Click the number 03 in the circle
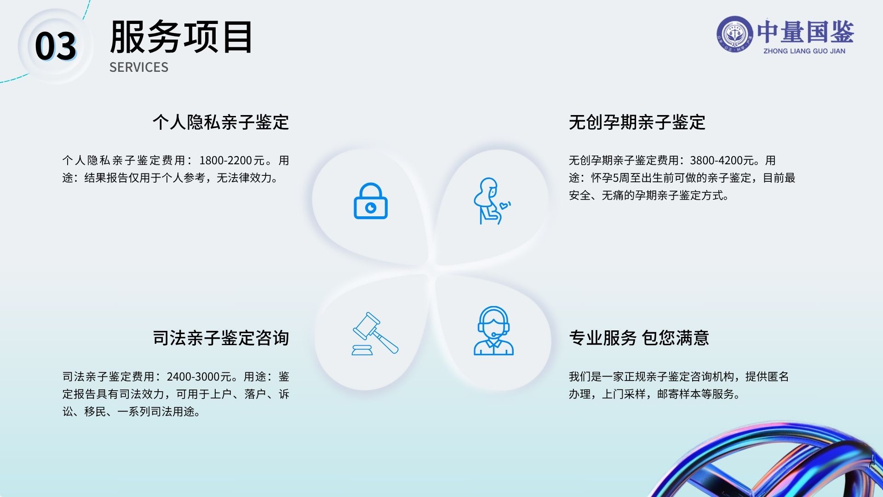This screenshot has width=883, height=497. click(x=56, y=46)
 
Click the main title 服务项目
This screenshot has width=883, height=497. click(x=181, y=37)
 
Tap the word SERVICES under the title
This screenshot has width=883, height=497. click(x=139, y=67)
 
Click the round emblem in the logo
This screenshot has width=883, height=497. click(x=734, y=34)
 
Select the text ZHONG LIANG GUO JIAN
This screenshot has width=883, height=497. click(x=804, y=51)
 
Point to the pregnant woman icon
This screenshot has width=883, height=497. click(x=488, y=201)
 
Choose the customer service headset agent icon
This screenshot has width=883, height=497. click(x=493, y=331)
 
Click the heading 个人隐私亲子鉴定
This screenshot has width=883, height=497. click(x=221, y=122)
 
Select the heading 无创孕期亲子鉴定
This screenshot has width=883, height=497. click(x=637, y=122)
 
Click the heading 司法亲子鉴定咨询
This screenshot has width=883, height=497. click(x=221, y=338)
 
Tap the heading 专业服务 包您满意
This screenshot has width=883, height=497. click(x=639, y=338)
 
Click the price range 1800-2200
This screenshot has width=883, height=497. click(x=225, y=161)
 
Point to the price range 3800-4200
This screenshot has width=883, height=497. click(x=716, y=161)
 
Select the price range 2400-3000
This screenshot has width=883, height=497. click(x=193, y=377)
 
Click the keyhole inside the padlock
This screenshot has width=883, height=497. click(x=371, y=208)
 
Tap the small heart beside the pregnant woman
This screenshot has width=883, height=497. click(x=505, y=206)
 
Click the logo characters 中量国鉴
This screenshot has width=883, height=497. click(x=805, y=31)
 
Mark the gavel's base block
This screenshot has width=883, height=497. click(x=362, y=351)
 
